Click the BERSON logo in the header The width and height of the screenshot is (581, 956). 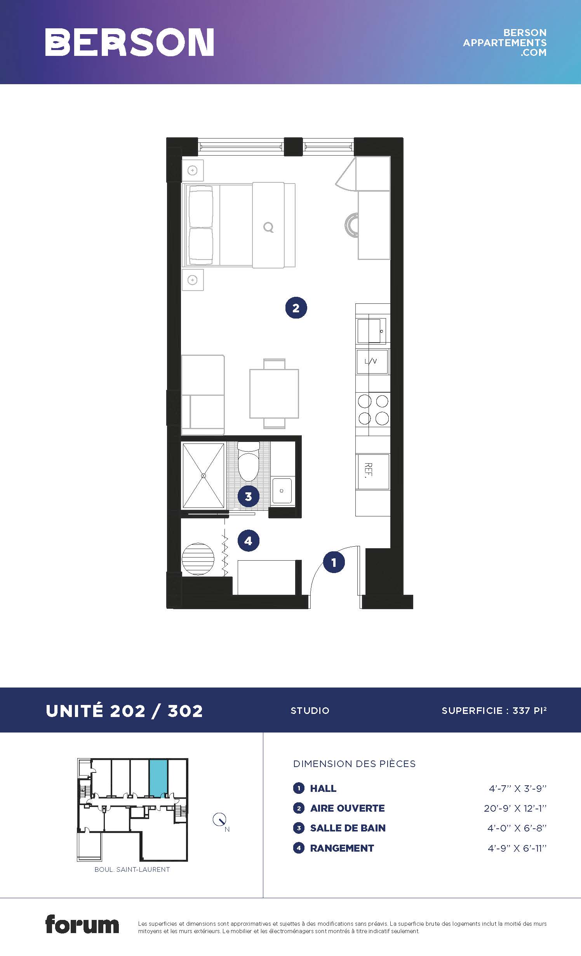click(129, 42)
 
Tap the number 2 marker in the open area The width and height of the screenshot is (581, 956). click(296, 308)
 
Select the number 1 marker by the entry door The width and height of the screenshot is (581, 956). click(334, 562)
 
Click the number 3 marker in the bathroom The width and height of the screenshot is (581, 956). click(248, 496)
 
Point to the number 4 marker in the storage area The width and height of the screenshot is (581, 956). click(248, 540)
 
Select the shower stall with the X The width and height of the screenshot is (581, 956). click(204, 476)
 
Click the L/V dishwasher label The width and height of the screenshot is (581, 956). click(371, 362)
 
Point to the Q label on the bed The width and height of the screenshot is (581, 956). click(268, 227)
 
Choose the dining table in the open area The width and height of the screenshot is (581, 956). click(274, 393)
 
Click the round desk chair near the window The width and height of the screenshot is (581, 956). click(352, 225)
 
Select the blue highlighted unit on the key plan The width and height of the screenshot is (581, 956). click(158, 777)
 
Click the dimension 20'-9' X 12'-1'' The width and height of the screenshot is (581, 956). click(515, 808)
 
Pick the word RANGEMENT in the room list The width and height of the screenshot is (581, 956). click(342, 848)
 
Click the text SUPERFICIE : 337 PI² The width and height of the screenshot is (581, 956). click(494, 710)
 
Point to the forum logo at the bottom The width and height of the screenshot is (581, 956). click(82, 924)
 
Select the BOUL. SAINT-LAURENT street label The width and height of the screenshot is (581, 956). click(132, 869)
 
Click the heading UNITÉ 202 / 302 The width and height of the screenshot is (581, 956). click(124, 711)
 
